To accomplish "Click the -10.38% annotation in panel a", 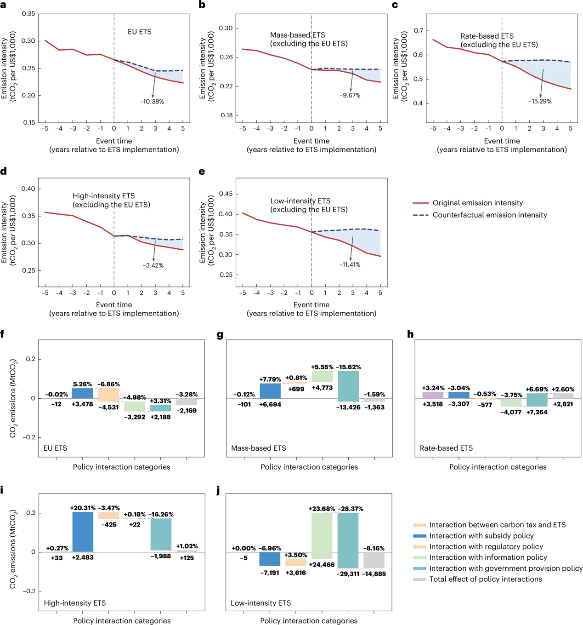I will (x=152, y=102).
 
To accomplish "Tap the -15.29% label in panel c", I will (x=540, y=101).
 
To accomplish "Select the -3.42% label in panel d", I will (x=153, y=265).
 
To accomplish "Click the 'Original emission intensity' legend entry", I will (x=477, y=203).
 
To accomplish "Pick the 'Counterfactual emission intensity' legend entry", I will (x=489, y=215).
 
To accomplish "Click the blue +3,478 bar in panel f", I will (x=83, y=393).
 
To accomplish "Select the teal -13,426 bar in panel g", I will (x=348, y=386).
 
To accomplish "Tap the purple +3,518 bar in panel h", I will (x=433, y=395).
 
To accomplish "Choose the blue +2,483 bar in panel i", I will (x=83, y=532).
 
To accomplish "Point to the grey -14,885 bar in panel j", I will (x=374, y=560).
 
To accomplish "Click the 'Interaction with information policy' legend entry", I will (x=488, y=557).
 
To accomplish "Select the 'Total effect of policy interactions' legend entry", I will (x=485, y=579).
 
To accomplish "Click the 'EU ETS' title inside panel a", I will (x=139, y=32).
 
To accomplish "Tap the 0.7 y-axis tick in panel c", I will (x=418, y=31).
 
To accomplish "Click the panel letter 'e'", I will (x=202, y=172).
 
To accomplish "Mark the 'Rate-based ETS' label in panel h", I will (x=446, y=448).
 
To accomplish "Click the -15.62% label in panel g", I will (x=348, y=367).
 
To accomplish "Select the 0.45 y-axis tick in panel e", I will (x=226, y=194).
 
